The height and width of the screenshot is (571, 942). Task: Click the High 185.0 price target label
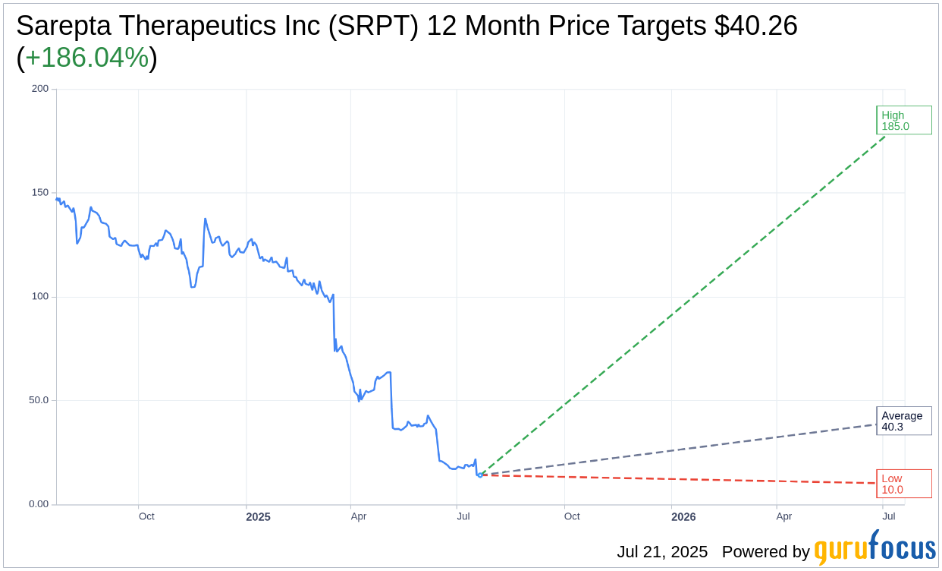(903, 121)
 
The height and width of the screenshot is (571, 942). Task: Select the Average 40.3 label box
(903, 421)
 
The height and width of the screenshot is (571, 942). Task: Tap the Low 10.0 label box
(903, 484)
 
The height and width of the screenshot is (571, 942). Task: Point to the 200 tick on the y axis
(39, 89)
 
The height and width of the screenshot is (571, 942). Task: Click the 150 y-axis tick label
(39, 193)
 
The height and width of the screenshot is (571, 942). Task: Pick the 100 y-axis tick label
(39, 297)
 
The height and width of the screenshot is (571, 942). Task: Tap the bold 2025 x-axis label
(258, 517)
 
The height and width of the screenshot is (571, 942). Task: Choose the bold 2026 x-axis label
(683, 517)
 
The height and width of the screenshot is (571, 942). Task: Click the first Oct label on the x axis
(146, 516)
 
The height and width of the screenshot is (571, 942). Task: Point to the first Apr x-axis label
(359, 516)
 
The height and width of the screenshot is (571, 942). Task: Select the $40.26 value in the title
(755, 27)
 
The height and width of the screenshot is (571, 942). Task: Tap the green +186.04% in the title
(86, 58)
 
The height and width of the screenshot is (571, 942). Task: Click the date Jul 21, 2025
(662, 552)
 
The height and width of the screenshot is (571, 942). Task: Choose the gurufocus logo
(874, 549)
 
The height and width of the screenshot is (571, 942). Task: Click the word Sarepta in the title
(62, 27)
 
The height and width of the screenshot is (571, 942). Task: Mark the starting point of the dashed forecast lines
(480, 475)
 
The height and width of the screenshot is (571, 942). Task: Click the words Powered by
(765, 552)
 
